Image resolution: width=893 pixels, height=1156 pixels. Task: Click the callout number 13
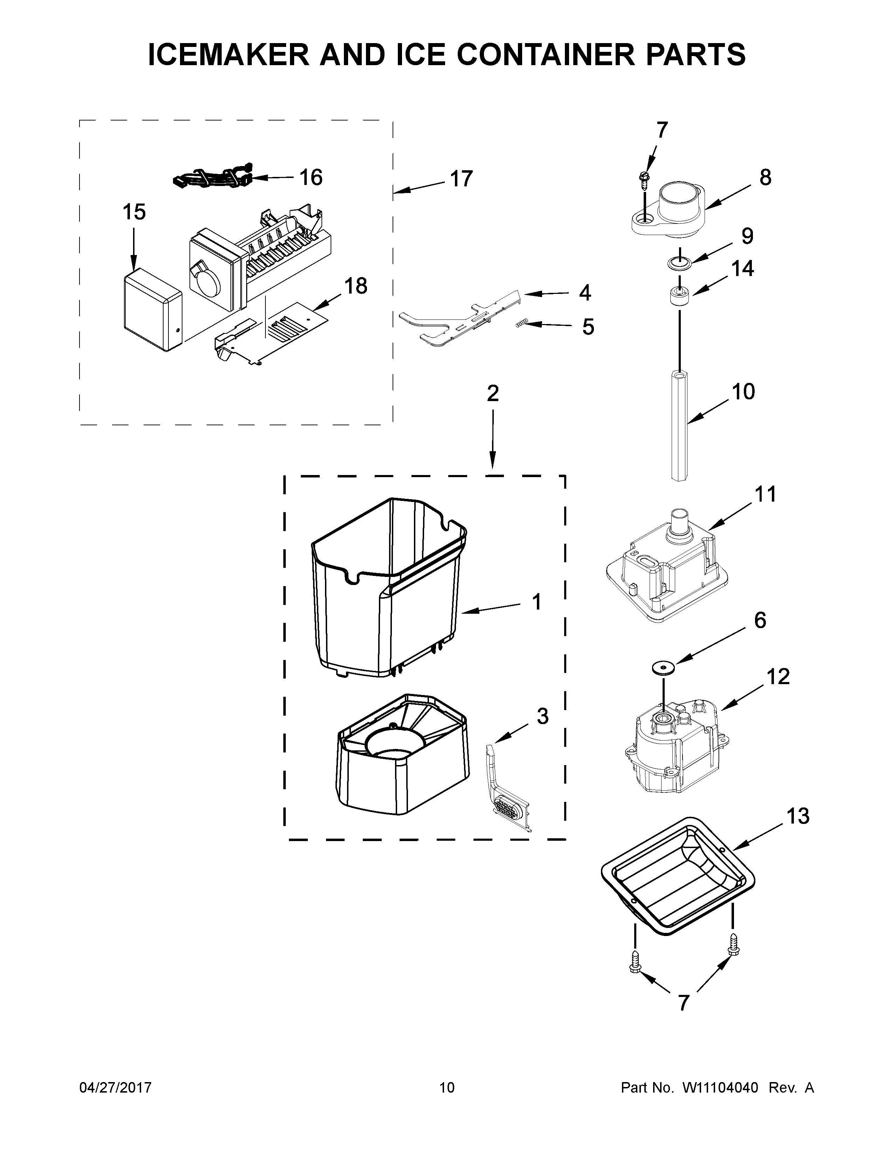pyautogui.click(x=797, y=816)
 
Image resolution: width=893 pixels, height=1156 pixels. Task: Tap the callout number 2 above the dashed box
pyautogui.click(x=492, y=393)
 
